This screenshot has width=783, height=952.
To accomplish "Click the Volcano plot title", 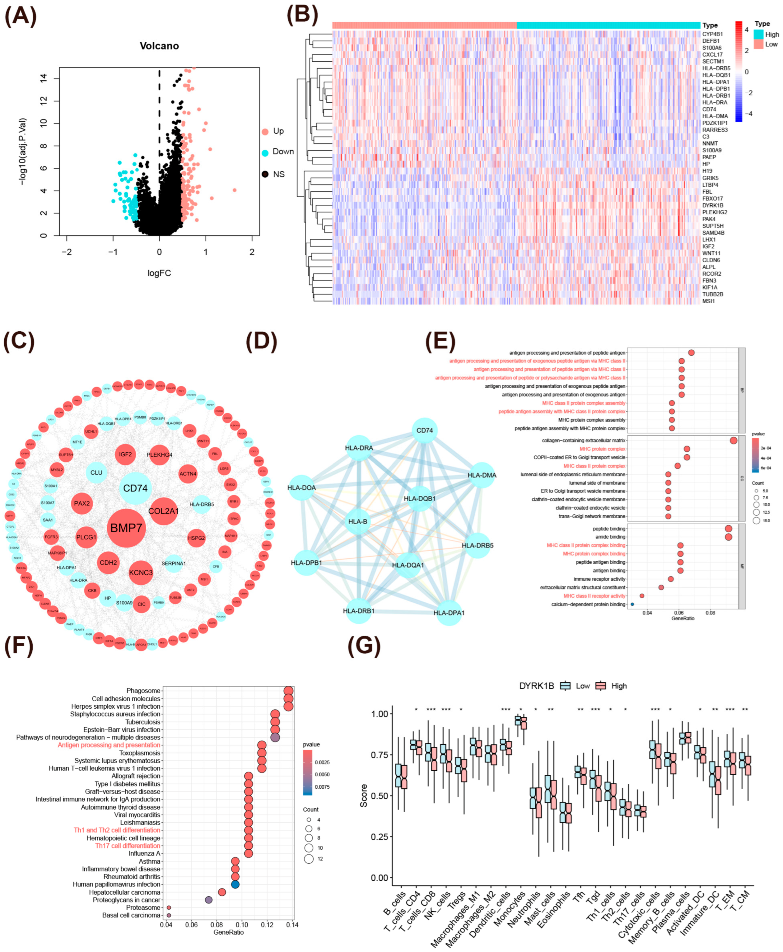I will coord(159,46).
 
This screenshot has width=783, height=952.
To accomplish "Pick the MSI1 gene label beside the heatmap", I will coord(708,301).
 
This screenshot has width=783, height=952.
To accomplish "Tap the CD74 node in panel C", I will coord(135,488).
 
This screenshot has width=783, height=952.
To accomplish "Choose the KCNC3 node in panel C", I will coord(141,572).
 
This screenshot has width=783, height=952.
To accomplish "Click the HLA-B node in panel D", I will coord(358,521).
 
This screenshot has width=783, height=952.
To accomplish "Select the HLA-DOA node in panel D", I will coord(302,488).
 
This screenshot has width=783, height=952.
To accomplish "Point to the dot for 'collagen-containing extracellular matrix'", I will coord(733,440).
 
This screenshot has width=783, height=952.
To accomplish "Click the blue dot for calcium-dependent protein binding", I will coord(632,604).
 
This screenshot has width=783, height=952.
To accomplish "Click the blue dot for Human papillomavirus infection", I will coord(235,884).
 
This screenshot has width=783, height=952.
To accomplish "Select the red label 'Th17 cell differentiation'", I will coord(128,846).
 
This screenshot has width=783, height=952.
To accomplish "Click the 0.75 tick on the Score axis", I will coord(379,755).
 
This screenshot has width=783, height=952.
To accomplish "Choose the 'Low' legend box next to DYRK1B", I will coord(565,686).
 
